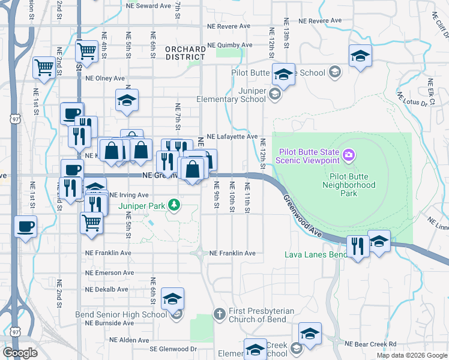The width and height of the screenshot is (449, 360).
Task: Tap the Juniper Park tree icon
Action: coord(174,206)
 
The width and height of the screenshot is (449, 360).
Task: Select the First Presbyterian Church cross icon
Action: coord(220,313)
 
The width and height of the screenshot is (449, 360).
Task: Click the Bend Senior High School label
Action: coord(121,314)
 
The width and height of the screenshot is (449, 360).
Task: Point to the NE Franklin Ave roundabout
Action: coord(199,253)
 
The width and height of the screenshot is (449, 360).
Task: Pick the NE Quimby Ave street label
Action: coord(230,45)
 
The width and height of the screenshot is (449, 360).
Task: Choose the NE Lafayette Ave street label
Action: coord(232,137)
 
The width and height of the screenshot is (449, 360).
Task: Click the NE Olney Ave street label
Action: coord(105,78)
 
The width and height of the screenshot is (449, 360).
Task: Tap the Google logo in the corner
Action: coord(20,353)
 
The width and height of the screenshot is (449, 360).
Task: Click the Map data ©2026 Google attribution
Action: coord(411,355)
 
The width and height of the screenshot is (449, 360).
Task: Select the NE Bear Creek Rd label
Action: coord(370,344)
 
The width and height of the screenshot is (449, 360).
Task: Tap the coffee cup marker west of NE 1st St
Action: coord(26,227)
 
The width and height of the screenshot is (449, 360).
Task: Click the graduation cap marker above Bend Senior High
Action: coord(172,298)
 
